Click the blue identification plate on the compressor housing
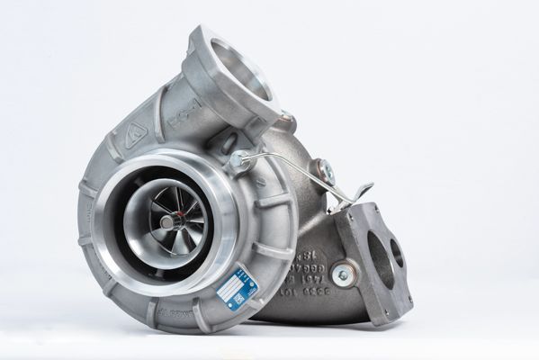[x=240, y=289]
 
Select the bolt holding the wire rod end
[x=238, y=162]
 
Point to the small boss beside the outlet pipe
[x=287, y=121]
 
